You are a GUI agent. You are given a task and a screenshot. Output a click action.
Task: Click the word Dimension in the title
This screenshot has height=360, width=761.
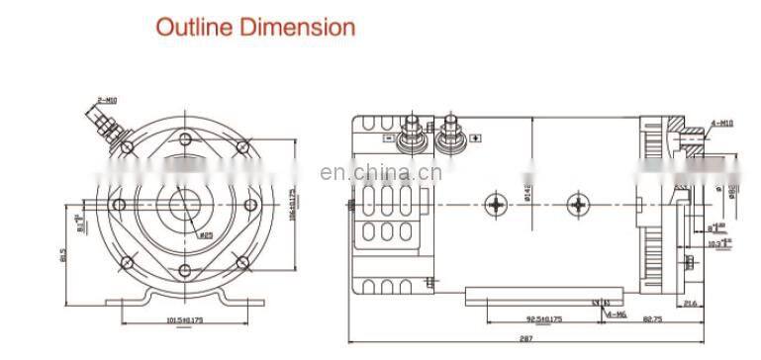click(x=293, y=27)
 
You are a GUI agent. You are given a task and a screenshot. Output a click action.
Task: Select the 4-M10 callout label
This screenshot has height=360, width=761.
click(x=722, y=124)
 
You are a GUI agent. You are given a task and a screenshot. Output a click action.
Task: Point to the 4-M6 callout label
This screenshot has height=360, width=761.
click(x=616, y=314)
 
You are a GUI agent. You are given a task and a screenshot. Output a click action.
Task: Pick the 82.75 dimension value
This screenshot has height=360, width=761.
click(x=650, y=318)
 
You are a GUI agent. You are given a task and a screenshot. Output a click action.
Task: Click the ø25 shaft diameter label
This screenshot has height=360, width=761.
click(x=207, y=235)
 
